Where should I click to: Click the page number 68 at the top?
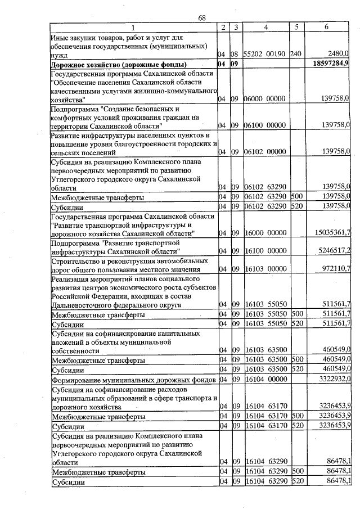[x=202, y=18]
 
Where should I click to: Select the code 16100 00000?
[x=265, y=251]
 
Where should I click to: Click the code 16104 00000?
[x=265, y=380]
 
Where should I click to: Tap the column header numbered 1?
[x=133, y=28]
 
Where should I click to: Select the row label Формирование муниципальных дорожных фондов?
[x=133, y=380]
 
